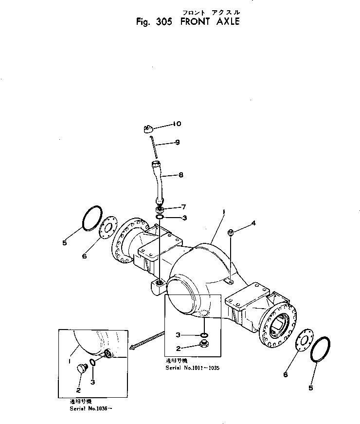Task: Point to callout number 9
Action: coord(178,142)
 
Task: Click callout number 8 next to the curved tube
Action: coord(180,175)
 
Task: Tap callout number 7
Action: coord(183,207)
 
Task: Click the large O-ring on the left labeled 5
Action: coord(91,218)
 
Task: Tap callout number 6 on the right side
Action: coord(286,374)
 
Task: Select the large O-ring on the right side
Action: coord(322,350)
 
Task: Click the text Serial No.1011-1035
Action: coord(193,368)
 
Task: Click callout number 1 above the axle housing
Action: coord(223,212)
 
